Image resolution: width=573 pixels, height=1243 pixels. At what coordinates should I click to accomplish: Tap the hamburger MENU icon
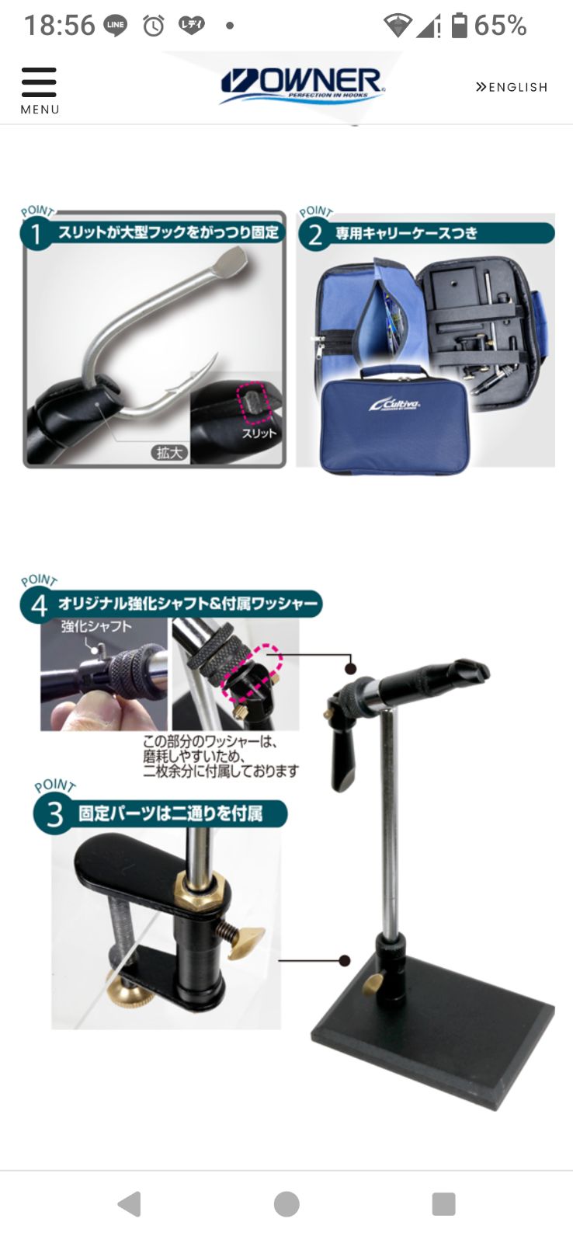(39, 82)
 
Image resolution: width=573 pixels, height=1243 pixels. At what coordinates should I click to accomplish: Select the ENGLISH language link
(512, 87)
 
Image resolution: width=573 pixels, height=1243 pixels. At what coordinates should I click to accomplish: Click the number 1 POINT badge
(36, 232)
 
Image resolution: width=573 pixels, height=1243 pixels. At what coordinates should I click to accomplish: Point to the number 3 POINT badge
(54, 814)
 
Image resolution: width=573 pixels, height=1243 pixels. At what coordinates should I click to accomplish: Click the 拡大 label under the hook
(169, 452)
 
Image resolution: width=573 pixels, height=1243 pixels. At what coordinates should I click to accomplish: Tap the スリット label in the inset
(259, 433)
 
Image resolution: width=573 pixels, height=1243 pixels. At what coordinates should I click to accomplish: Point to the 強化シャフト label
(96, 626)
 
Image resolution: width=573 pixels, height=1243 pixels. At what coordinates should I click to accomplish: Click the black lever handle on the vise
(342, 757)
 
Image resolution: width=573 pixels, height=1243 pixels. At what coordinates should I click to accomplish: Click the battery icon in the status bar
(460, 26)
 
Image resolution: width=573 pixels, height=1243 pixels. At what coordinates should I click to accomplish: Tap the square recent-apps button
(443, 1203)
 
